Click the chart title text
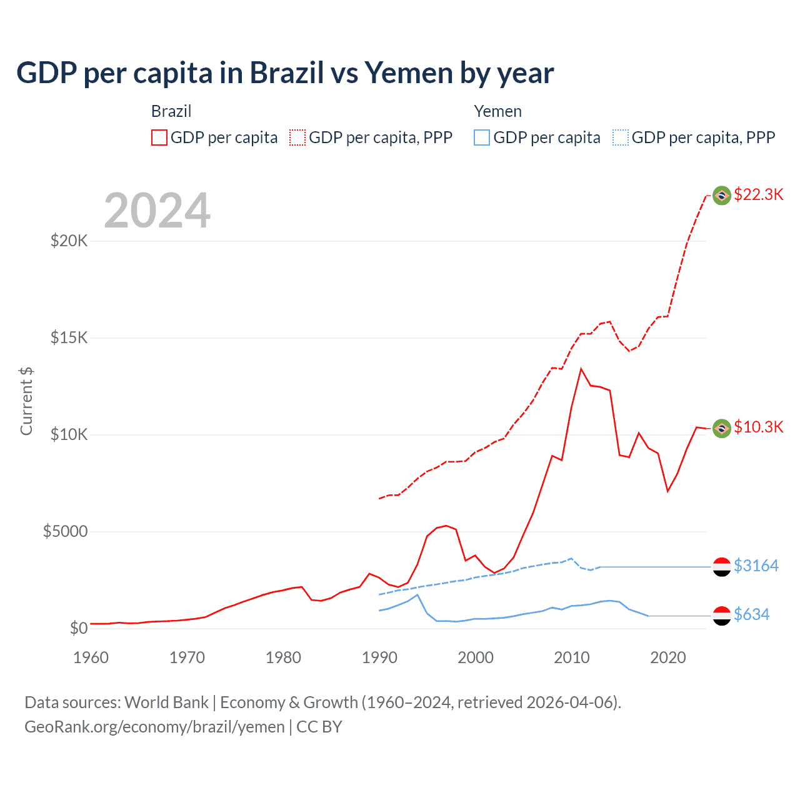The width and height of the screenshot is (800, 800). point(285,73)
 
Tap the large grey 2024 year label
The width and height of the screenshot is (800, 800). point(157,211)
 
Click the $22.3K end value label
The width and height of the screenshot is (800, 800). point(758,194)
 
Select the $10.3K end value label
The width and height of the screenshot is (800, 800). point(758,427)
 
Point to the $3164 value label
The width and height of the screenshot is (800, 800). point(756,566)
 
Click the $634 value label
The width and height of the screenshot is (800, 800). point(751,614)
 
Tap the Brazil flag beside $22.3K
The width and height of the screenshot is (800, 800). point(722,196)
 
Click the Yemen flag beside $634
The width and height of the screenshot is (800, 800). point(722,616)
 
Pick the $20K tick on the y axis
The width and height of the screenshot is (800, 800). point(69,241)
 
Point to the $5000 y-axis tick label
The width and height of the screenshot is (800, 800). point(65,531)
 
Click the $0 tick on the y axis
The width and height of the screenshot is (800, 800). point(78,628)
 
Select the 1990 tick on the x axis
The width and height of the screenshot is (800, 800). point(379,657)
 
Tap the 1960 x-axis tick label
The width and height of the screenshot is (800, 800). point(91,657)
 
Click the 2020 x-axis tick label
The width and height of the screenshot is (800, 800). point(668,657)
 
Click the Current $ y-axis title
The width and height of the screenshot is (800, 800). point(26,401)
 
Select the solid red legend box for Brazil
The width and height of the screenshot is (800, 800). point(159,137)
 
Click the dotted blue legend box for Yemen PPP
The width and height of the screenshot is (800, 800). point(621,137)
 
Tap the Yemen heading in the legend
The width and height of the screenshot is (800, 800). point(497,111)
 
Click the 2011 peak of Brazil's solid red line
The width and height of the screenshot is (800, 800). point(581,369)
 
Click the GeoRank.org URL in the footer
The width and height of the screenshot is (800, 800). point(154,727)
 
